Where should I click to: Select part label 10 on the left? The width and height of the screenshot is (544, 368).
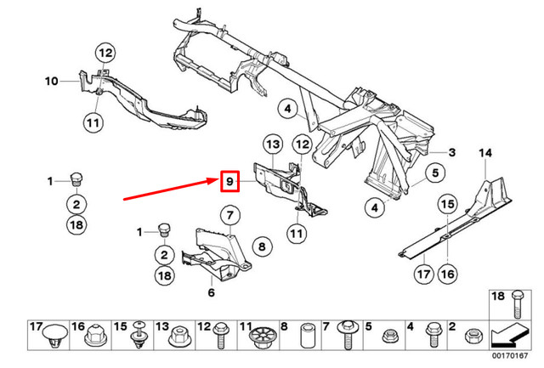click(x=50, y=82)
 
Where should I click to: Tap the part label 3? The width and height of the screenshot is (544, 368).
click(x=452, y=153)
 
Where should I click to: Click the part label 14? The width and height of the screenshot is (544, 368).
click(x=486, y=153)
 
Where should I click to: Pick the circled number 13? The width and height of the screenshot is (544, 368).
click(x=271, y=146)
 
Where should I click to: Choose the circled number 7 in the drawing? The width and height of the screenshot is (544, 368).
click(x=229, y=213)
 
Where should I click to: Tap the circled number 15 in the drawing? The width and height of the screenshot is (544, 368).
click(x=447, y=204)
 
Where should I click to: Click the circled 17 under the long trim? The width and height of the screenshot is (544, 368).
click(x=424, y=274)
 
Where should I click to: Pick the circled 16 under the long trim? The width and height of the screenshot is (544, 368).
click(x=447, y=274)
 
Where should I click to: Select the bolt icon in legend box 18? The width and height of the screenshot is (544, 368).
click(x=516, y=304)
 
